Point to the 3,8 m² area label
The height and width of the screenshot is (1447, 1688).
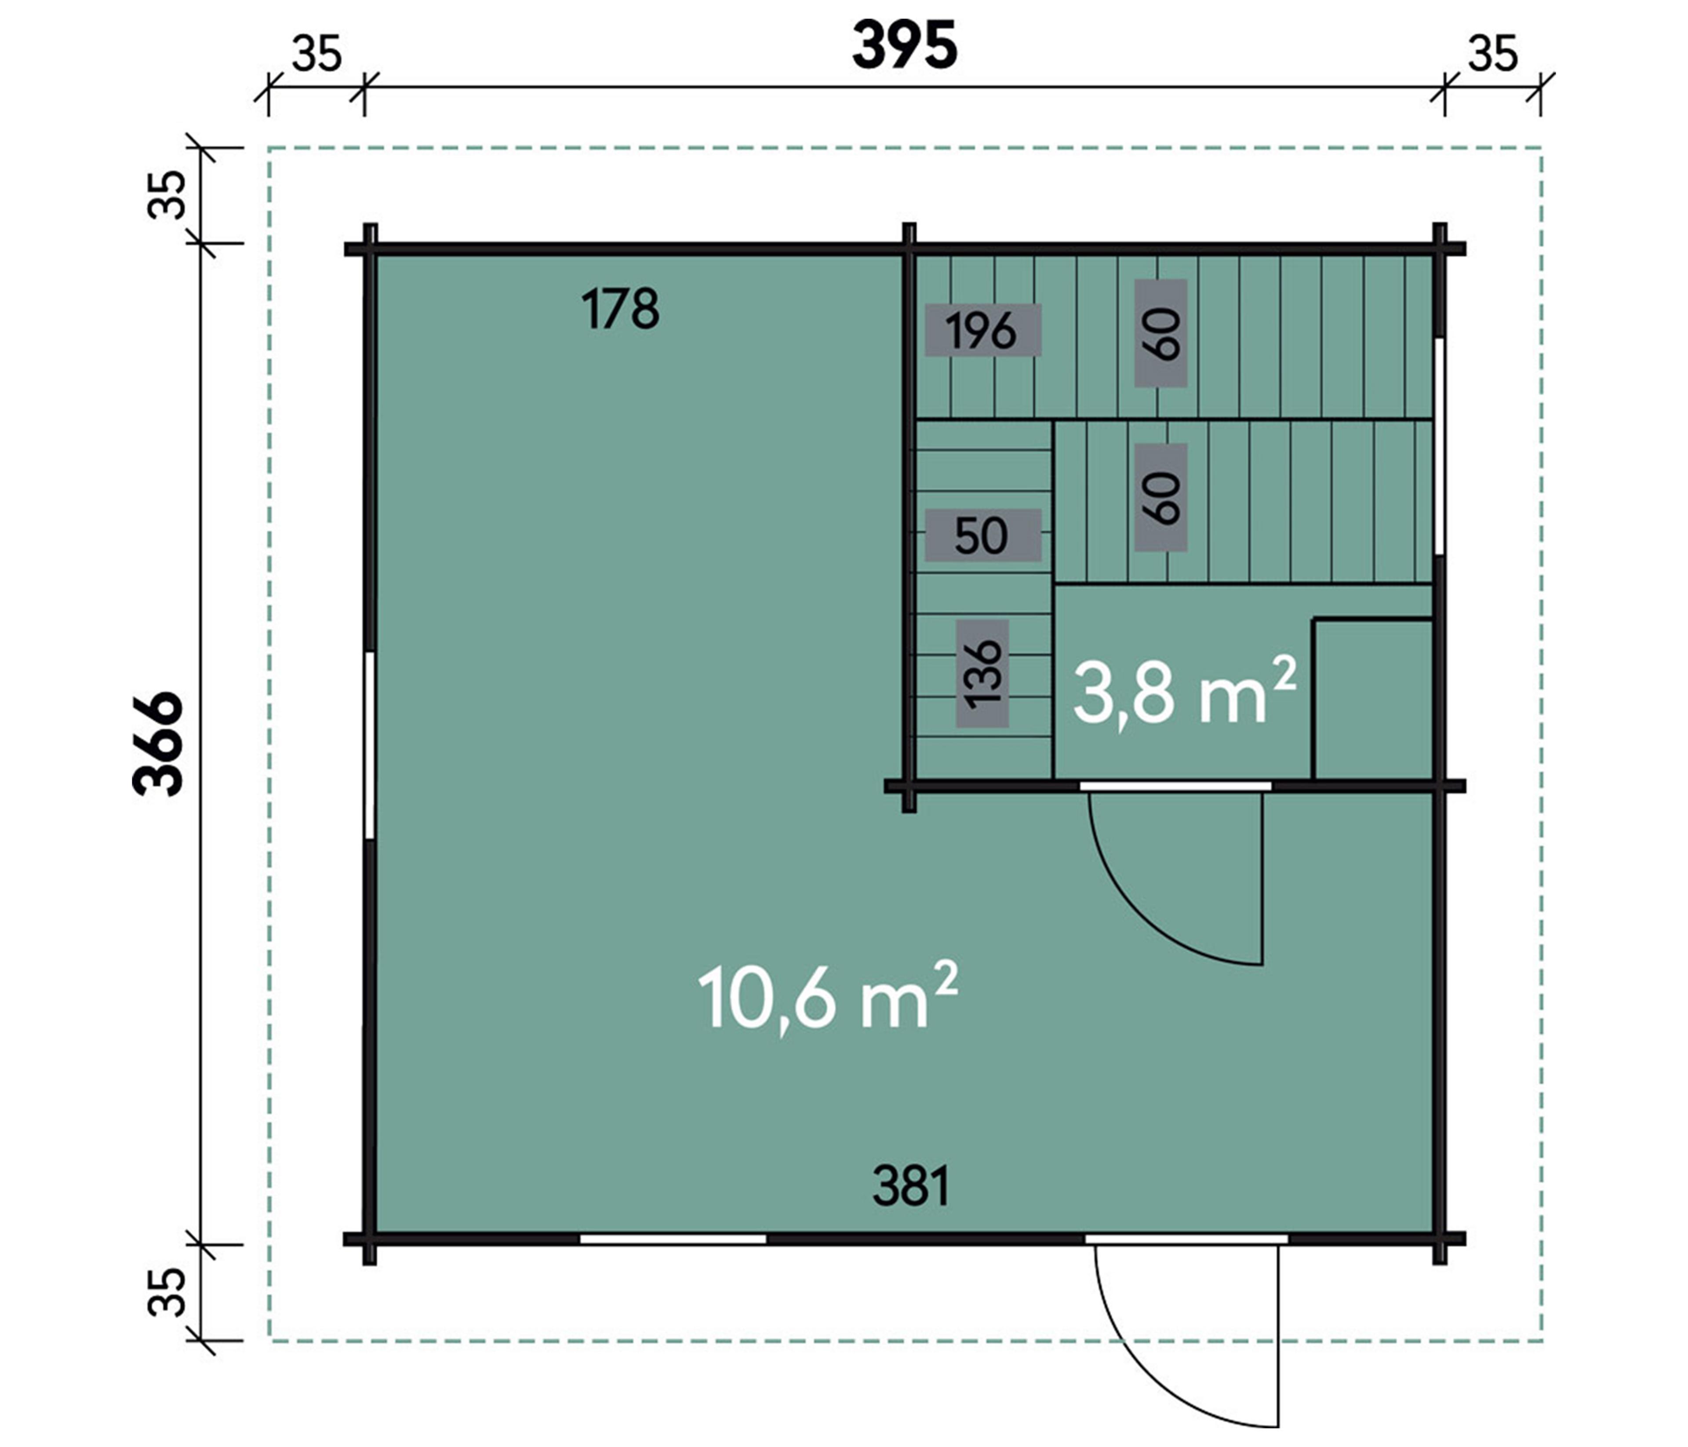(1184, 690)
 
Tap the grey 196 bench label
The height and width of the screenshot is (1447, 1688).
(982, 330)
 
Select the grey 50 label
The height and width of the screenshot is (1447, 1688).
(982, 535)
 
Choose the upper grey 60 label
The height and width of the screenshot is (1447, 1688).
(1161, 333)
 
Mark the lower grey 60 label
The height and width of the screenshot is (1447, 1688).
(1161, 497)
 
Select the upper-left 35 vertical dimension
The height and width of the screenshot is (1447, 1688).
(167, 195)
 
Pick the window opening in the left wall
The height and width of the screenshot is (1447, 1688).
(369, 745)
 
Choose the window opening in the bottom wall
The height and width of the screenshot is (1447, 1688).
(673, 1239)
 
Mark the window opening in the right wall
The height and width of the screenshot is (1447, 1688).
(1440, 446)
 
